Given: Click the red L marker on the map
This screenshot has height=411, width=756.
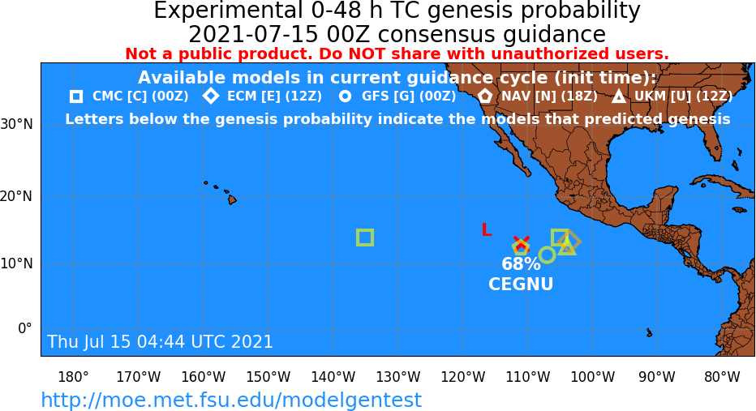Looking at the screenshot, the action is pos(487,229).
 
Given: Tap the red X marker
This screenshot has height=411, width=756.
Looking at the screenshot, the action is pos(522,242).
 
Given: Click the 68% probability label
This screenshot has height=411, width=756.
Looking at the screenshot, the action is pos(521,264).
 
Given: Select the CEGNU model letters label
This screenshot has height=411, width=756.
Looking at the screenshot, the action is pos(521,284).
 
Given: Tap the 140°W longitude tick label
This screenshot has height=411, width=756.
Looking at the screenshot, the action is pos(333,377).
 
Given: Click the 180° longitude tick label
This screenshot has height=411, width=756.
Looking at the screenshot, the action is pos(73,377).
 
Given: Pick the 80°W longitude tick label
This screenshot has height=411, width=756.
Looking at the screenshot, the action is pos(722,377).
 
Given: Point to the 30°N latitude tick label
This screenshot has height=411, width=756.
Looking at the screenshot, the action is pos(17,124).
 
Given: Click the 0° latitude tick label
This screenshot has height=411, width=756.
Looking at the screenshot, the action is pos(24,328).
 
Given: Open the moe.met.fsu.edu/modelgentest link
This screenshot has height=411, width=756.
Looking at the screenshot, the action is pos(231,400).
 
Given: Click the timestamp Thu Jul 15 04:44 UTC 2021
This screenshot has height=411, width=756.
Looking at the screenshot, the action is pos(160,341).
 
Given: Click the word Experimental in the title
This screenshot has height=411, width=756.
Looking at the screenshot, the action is pos(226,11).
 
